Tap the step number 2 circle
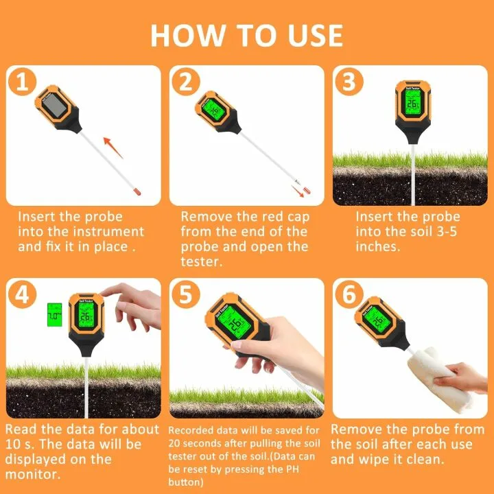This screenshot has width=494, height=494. (x=185, y=82)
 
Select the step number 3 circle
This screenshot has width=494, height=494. (x=349, y=82)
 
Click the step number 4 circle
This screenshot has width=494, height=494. (x=23, y=296)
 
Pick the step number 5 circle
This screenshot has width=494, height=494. (x=185, y=296)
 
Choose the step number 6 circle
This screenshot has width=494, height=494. (x=349, y=296)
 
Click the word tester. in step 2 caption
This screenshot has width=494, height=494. (x=201, y=261)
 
